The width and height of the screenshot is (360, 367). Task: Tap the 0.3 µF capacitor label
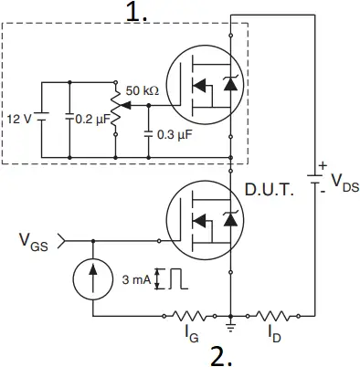[x=174, y=135]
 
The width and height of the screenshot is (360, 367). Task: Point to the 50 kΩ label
[x=144, y=92]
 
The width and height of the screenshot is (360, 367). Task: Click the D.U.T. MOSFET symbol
[x=202, y=220]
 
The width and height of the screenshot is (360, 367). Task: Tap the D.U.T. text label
[x=269, y=193]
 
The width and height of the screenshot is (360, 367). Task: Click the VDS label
[x=344, y=181]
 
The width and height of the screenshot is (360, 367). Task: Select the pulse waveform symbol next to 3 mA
[x=172, y=278]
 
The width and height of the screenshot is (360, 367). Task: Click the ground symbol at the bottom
[x=230, y=322]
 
